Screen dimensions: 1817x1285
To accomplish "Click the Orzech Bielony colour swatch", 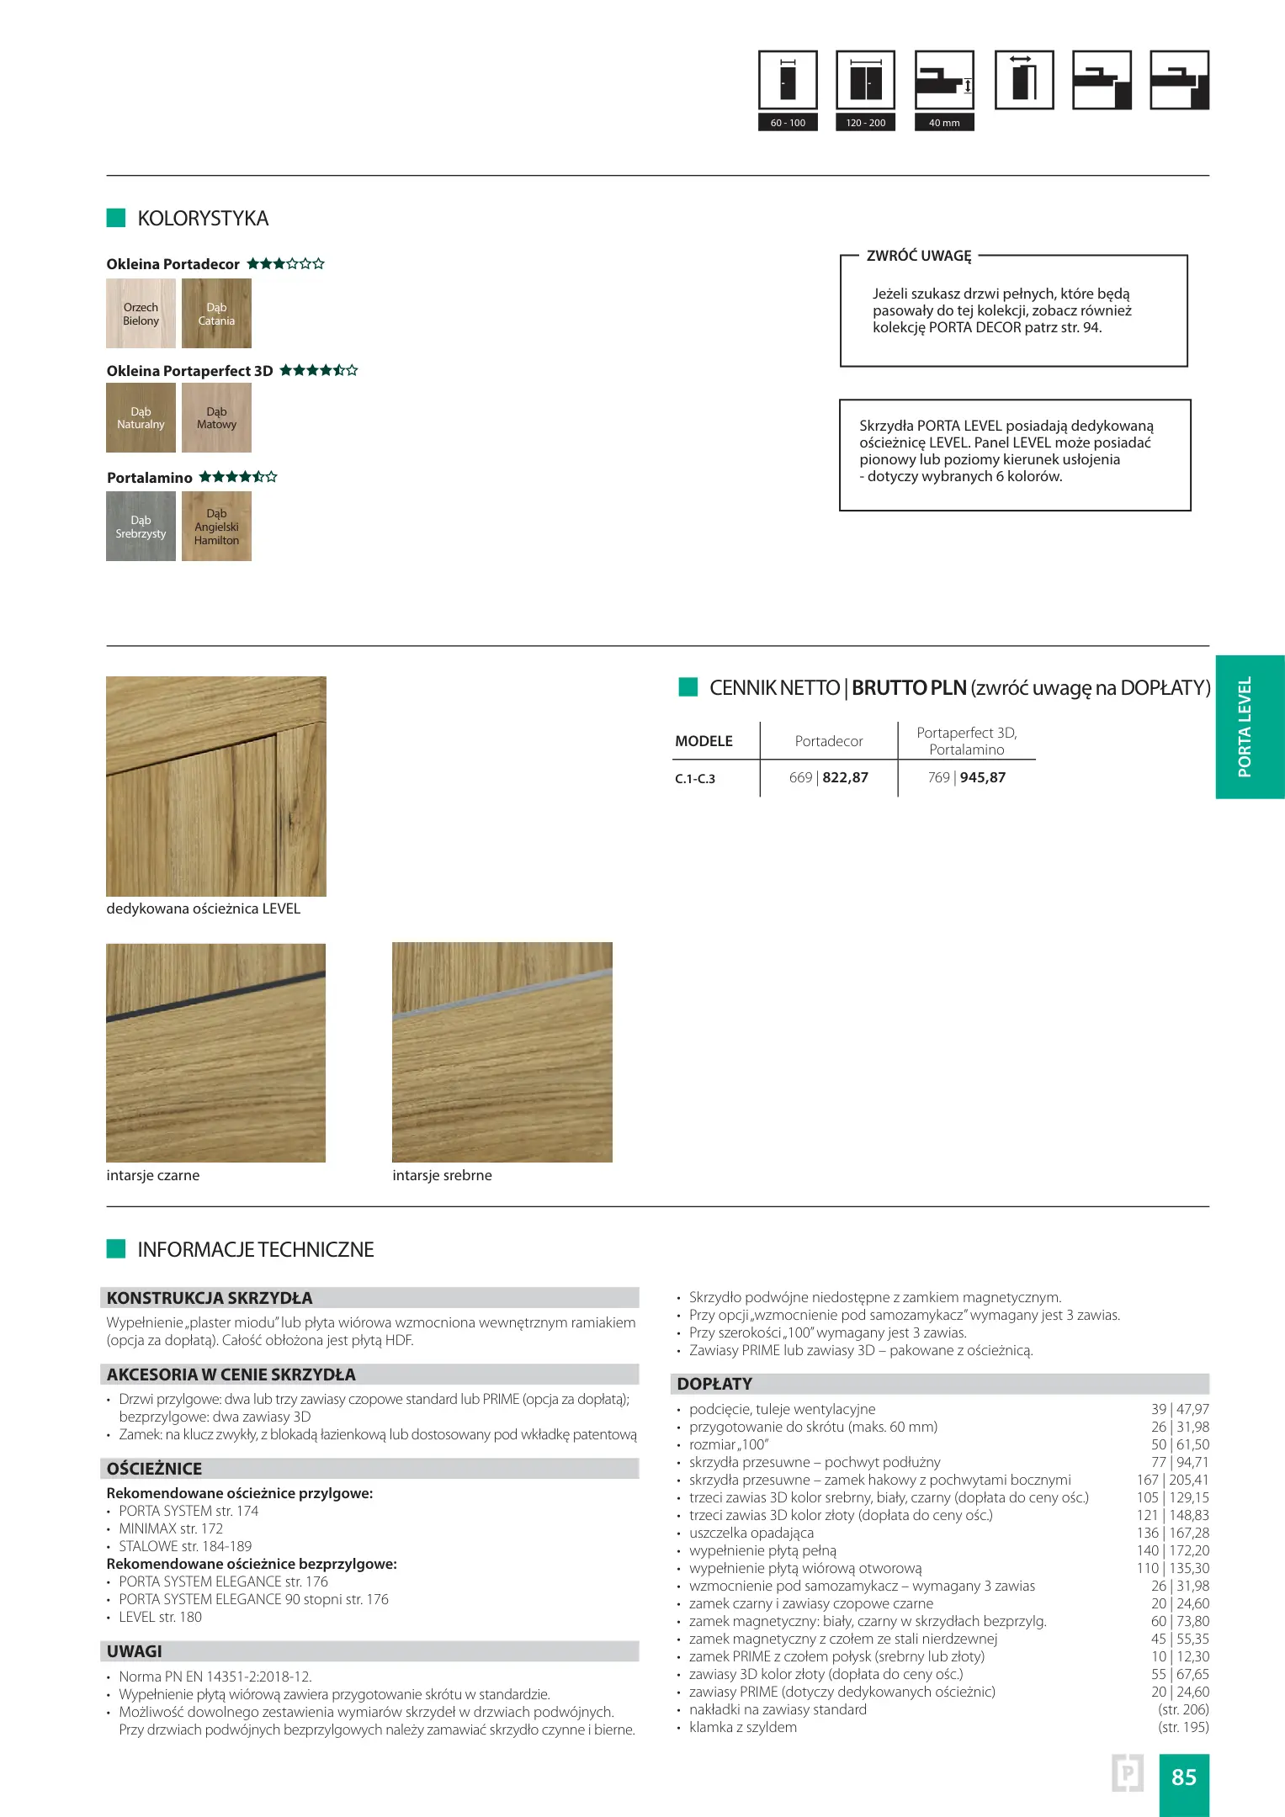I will click(x=141, y=314).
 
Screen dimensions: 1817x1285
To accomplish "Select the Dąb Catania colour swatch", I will click(x=216, y=314).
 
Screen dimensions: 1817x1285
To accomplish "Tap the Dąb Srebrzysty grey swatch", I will click(x=141, y=527).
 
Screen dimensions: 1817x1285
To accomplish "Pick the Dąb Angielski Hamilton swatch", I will click(x=216, y=527).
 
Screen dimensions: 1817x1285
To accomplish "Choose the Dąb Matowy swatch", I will click(x=216, y=418).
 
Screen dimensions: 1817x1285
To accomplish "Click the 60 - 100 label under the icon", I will click(x=788, y=123).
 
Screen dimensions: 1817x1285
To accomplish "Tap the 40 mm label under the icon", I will click(x=944, y=123).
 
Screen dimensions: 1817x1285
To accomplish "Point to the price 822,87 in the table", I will click(x=845, y=778).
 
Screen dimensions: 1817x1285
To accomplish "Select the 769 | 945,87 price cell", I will click(x=966, y=778).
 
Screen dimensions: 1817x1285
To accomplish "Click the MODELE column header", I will click(x=704, y=741).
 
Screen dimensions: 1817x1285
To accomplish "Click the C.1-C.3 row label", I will click(x=695, y=779).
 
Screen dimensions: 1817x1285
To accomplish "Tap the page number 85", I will click(x=1183, y=1777).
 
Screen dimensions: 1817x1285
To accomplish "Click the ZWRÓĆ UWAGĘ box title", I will click(x=919, y=256).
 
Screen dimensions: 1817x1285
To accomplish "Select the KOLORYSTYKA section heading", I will click(x=203, y=219).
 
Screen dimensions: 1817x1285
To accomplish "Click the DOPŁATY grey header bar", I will click(x=940, y=1384).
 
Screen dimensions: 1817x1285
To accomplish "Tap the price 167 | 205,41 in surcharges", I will click(x=1172, y=1480).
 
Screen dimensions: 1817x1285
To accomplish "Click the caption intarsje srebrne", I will click(x=442, y=1175).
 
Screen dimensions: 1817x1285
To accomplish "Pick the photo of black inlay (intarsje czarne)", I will click(x=215, y=1052).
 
